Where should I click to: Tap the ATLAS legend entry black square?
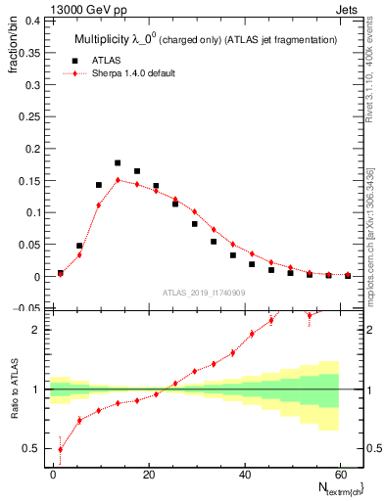[70, 61]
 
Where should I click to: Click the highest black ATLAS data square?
[118, 163]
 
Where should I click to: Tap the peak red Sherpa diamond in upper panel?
[118, 180]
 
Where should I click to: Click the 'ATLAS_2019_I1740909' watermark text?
[203, 292]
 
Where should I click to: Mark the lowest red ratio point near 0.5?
[61, 449]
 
